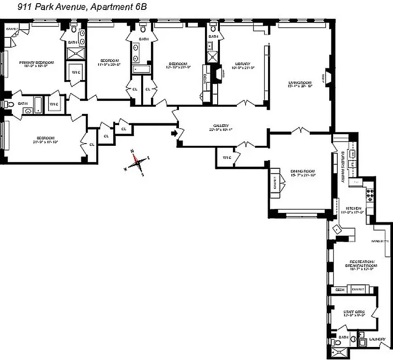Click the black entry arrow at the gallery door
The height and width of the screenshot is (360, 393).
(174, 133)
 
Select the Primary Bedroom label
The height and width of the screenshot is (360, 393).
(33, 63)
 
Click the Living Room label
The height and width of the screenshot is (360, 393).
(300, 83)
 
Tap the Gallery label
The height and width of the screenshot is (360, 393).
(221, 126)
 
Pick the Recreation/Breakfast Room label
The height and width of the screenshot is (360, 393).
(361, 263)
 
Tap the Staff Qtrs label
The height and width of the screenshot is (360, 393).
(353, 311)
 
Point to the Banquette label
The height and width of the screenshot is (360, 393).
(381, 242)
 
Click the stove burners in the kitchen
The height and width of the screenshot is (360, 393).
(370, 194)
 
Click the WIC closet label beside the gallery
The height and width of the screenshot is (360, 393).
(226, 157)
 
